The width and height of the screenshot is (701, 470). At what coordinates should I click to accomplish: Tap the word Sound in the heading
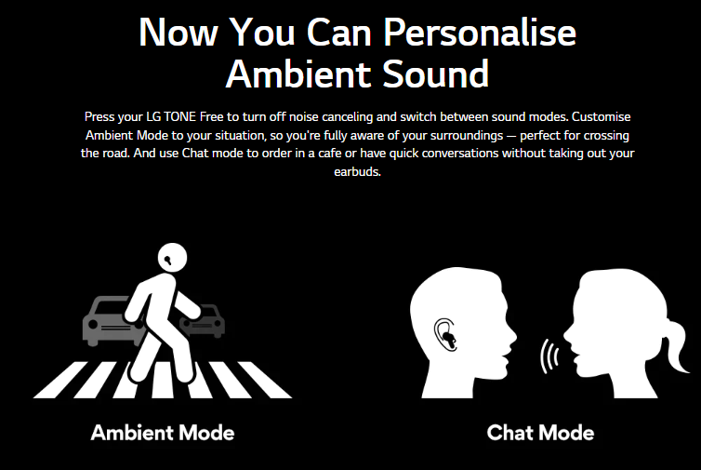point(435,74)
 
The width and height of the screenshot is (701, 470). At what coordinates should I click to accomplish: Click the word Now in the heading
point(179,33)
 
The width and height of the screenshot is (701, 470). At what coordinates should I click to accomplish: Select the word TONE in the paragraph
point(179,117)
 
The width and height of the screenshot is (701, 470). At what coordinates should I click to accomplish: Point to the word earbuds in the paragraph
point(357,172)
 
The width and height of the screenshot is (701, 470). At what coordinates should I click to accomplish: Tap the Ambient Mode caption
point(163,433)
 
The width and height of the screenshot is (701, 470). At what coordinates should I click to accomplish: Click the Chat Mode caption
point(540,433)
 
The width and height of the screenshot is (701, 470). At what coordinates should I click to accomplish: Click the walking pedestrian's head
point(172,258)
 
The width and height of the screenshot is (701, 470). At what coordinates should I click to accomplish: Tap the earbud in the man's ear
point(448,337)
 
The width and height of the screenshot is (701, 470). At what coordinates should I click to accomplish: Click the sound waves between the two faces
point(549,356)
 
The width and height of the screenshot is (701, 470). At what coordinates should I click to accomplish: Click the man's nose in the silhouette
point(512,334)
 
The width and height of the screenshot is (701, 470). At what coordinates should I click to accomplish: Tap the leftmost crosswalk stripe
point(60,380)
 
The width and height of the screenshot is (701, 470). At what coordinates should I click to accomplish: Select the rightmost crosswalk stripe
point(264,380)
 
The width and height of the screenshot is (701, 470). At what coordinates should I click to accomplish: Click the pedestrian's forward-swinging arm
point(187,304)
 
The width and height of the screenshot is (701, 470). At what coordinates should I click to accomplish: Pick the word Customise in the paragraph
point(602,117)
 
